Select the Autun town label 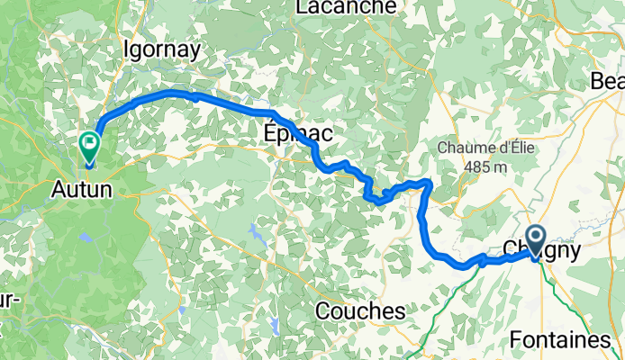coord(81,189)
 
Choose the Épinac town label coord(298,134)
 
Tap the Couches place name coord(360,310)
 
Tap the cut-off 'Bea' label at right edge coord(607,82)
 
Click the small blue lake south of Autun coord(85,239)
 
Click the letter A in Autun coord(55,189)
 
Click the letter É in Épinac coord(269,133)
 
